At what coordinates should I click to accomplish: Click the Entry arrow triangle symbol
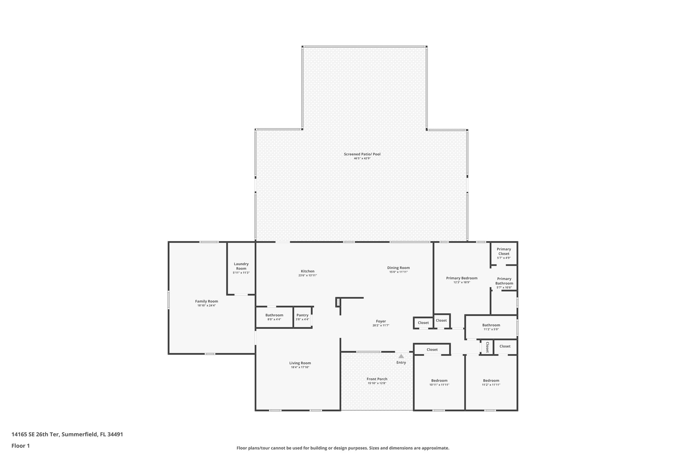pyautogui.click(x=401, y=356)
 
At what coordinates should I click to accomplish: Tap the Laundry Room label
pyautogui.click(x=241, y=266)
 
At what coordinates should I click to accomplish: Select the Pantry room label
pyautogui.click(x=302, y=315)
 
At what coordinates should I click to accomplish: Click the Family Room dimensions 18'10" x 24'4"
pyautogui.click(x=207, y=305)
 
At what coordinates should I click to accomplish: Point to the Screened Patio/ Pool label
pyautogui.click(x=362, y=154)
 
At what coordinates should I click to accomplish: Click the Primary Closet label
pyautogui.click(x=504, y=251)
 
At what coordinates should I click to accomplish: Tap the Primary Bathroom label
pyautogui.click(x=504, y=281)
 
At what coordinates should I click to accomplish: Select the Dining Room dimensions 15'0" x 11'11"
pyautogui.click(x=398, y=272)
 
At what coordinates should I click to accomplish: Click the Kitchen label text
pyautogui.click(x=307, y=271)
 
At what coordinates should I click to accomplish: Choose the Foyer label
pyautogui.click(x=381, y=321)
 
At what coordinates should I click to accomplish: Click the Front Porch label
pyautogui.click(x=377, y=379)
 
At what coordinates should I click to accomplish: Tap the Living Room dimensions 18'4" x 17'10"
pyautogui.click(x=300, y=367)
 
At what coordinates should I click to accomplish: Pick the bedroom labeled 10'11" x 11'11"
pyautogui.click(x=439, y=381)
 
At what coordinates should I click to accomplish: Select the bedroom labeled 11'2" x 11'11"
pyautogui.click(x=491, y=381)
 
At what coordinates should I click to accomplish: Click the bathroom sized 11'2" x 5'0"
pyautogui.click(x=491, y=325)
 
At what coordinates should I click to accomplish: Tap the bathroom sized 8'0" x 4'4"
pyautogui.click(x=274, y=315)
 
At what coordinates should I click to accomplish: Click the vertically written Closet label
pyautogui.click(x=487, y=347)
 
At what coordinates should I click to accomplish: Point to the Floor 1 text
pyautogui.click(x=21, y=446)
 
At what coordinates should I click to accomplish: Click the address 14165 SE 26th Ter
pyautogui.click(x=36, y=435)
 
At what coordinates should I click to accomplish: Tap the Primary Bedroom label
pyautogui.click(x=462, y=278)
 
